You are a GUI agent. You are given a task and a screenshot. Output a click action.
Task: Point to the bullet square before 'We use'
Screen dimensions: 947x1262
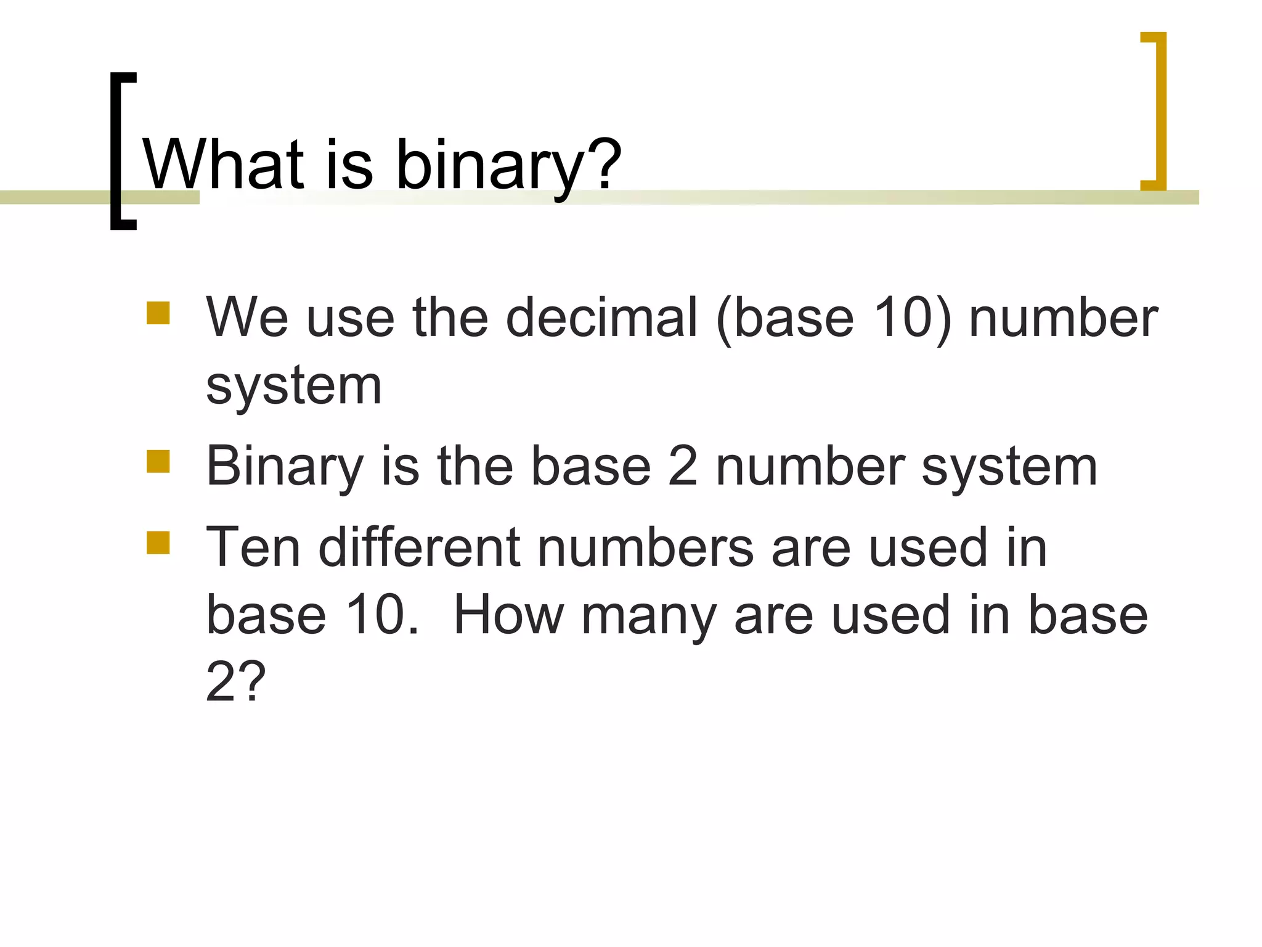158,313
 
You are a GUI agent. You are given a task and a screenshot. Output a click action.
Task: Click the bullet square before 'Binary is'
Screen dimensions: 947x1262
158,461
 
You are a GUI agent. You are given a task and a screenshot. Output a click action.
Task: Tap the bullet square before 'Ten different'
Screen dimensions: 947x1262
158,543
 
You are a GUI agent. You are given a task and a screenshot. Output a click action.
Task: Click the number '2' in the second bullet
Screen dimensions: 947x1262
683,466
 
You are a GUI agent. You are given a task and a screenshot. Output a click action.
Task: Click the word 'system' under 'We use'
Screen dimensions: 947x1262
294,387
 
